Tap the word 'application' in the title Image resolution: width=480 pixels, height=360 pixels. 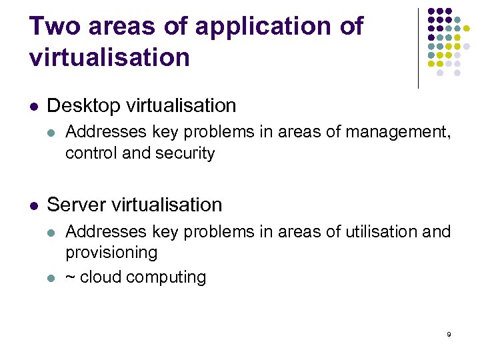coord(267,27)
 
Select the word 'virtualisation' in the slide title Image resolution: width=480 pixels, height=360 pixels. coord(109,57)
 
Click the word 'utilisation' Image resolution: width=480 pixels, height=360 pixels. coord(377,232)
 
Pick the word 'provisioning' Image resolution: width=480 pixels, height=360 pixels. coord(111,253)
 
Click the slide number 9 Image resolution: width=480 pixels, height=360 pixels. coord(449,333)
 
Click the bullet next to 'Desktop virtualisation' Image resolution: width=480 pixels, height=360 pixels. coord(34,106)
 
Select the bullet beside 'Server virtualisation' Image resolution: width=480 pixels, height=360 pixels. coord(34,205)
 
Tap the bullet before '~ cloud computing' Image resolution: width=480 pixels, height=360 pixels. coord(52,277)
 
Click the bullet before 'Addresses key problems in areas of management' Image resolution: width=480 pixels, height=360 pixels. coord(52,133)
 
